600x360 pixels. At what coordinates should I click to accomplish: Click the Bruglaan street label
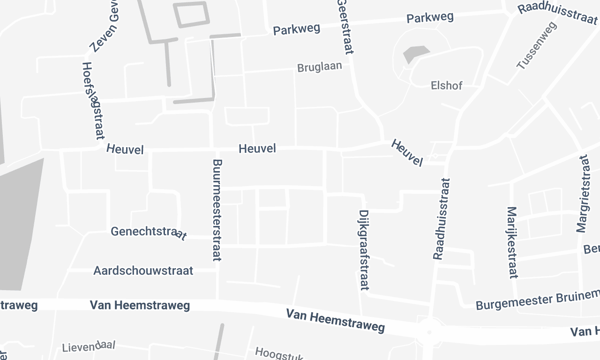[x=320, y=69]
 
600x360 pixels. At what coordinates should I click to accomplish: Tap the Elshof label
[x=449, y=85]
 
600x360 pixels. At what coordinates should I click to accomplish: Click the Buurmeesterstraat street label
[x=215, y=211]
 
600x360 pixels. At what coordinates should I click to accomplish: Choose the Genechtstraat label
[x=147, y=232]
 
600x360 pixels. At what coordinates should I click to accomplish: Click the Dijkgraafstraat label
[x=362, y=250]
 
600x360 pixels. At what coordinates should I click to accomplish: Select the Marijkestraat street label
[x=512, y=242]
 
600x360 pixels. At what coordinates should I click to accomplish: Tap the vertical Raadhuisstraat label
[x=440, y=219]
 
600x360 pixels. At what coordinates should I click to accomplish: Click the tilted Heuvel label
[x=408, y=153]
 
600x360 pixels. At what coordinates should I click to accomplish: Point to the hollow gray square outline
[x=193, y=13]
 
